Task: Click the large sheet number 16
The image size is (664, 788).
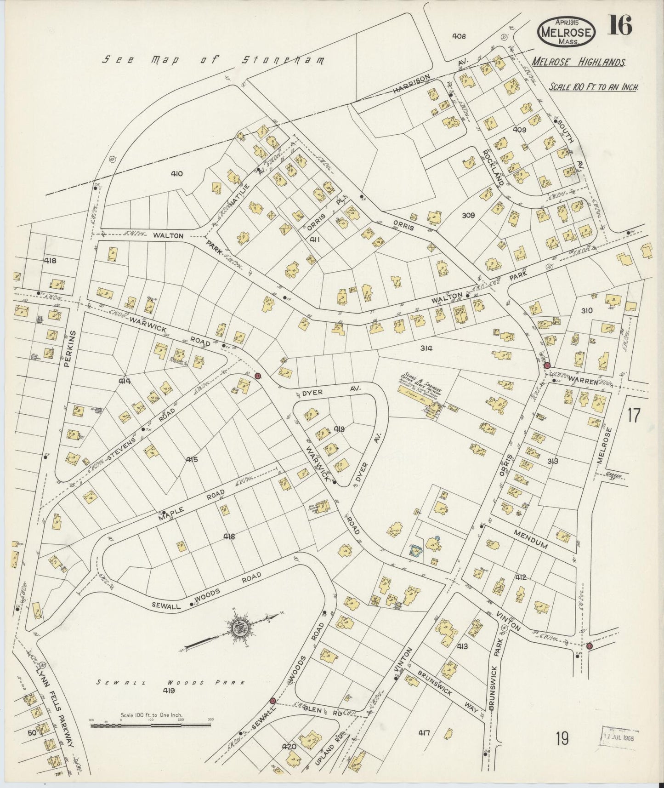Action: [x=620, y=25]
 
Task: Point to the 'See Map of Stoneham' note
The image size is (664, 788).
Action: [x=213, y=60]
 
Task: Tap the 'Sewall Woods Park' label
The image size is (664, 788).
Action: [x=170, y=683]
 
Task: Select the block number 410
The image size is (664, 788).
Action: [x=177, y=174]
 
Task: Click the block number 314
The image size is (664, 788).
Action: [x=426, y=348]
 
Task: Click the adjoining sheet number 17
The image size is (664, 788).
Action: [x=633, y=415]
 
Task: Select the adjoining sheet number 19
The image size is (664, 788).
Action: [x=561, y=739]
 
